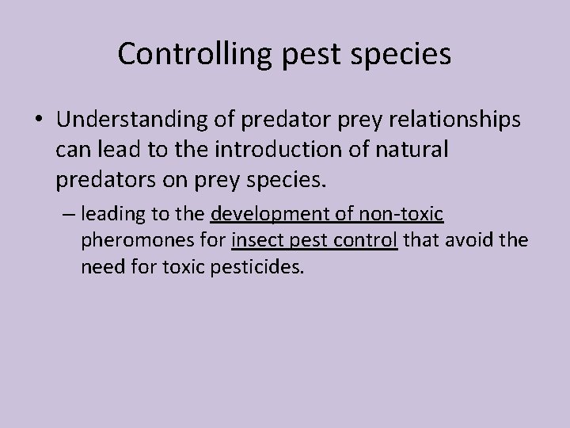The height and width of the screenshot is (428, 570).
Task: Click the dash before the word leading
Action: click(69, 214)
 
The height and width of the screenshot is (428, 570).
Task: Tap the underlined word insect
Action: click(254, 240)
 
